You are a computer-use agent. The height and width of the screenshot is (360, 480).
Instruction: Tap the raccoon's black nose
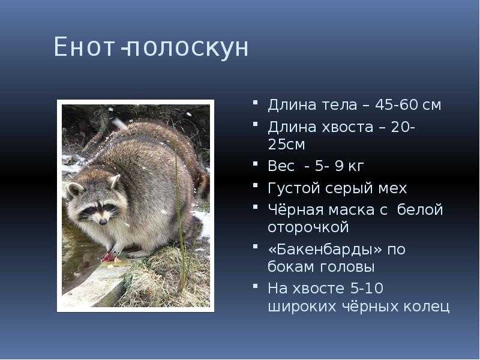coord(103,221)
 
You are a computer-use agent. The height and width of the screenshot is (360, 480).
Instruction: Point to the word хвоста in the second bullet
coord(347,127)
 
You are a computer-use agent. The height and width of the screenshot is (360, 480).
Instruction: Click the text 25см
coord(286,145)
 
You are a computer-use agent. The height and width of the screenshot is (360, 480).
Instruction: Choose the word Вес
coord(281,166)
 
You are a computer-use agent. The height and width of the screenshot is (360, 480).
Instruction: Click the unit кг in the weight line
coord(356,167)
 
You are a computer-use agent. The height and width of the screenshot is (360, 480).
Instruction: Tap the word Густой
coord(294,188)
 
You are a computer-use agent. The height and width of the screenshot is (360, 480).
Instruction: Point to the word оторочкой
coord(308,228)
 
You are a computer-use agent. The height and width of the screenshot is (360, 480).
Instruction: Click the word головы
coord(347,267)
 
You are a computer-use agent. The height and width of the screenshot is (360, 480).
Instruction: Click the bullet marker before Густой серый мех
coord(256,185)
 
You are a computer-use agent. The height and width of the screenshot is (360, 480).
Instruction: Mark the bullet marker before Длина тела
coord(256,101)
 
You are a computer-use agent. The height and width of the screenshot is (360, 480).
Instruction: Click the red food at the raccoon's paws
coord(109,257)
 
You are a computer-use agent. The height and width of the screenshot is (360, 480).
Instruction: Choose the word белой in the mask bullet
coord(420,209)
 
